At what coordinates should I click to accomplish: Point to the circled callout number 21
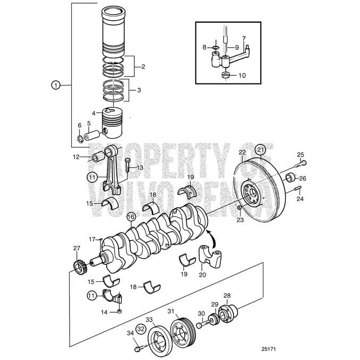260,150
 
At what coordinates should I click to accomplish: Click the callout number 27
77,248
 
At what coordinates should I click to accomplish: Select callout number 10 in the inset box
242,75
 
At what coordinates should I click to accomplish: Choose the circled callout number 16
131,216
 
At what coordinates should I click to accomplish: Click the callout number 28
227,295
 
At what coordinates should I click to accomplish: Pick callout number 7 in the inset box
244,38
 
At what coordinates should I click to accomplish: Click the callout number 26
303,178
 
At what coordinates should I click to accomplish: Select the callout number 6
80,125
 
